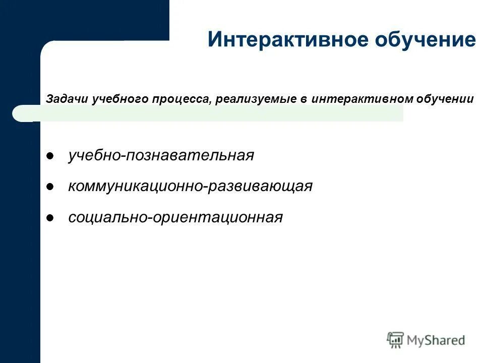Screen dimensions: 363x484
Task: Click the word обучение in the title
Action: pyautogui.click(x=426, y=40)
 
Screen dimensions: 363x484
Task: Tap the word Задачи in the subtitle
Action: pyautogui.click(x=67, y=99)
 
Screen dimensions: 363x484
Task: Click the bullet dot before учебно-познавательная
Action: pyautogui.click(x=50, y=156)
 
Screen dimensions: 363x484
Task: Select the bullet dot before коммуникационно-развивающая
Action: pyautogui.click(x=50, y=187)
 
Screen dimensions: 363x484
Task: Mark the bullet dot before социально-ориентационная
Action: pyautogui.click(x=50, y=218)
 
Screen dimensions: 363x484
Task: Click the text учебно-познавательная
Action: pyautogui.click(x=161, y=155)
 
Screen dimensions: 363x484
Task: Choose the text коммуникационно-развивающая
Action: pyautogui.click(x=190, y=187)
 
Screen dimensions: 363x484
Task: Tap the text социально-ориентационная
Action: pyautogui.click(x=175, y=218)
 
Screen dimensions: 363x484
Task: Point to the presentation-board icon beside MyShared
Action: pyautogui.click(x=395, y=340)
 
